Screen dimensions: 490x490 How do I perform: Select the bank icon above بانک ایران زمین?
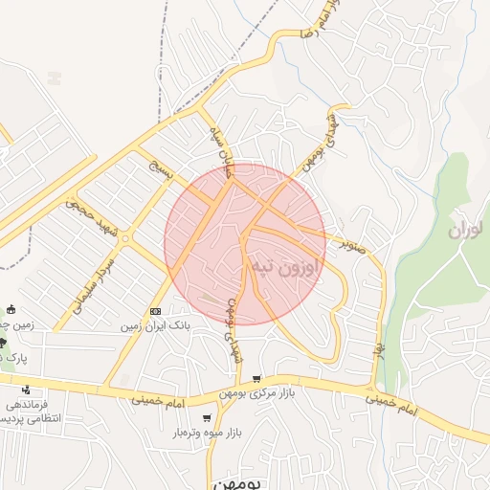click(x=156, y=312)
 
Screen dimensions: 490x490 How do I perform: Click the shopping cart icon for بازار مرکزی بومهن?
click(x=256, y=379)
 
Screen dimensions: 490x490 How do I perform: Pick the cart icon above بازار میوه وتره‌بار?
click(x=207, y=418)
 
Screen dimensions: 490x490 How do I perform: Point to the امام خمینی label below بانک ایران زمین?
click(x=157, y=400)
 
